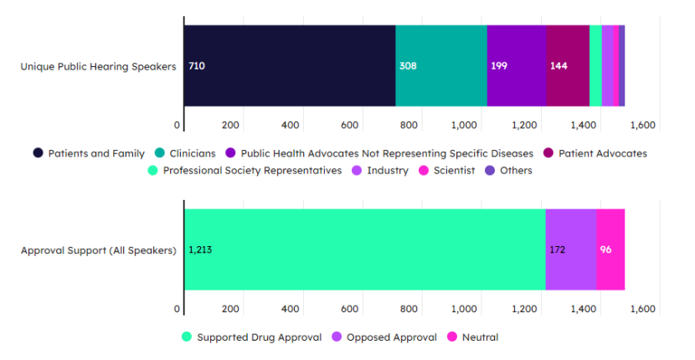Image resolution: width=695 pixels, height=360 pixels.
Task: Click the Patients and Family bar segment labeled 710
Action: pos(290,65)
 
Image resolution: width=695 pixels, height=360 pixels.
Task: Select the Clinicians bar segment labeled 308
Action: pos(440,65)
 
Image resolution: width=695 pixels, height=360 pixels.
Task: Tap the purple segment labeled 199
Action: pos(516,65)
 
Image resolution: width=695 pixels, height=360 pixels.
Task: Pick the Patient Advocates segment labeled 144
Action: pos(568,65)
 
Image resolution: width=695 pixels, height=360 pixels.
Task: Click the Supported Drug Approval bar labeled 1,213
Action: pos(364,249)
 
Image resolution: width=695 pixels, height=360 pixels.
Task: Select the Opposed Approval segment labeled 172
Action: pos(570,249)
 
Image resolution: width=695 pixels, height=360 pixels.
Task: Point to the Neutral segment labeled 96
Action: pos(610,249)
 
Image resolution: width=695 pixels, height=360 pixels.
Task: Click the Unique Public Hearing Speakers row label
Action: pos(98,67)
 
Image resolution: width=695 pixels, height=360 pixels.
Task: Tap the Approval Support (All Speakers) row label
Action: pos(98,250)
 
